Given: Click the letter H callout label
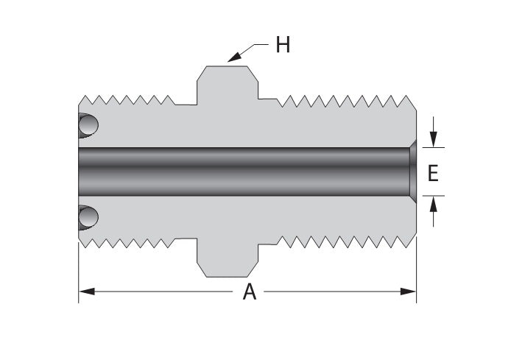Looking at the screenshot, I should tap(283, 46).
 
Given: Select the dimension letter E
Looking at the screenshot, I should tap(433, 173).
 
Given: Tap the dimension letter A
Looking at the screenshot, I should tap(250, 292).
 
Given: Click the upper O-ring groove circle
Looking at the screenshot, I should tap(88, 125).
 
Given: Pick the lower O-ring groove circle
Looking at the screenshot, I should tap(88, 217).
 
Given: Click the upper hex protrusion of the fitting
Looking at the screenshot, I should tap(227, 82).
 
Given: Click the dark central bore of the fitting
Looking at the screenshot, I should tap(243, 172).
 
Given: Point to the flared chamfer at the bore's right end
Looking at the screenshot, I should tap(412, 172).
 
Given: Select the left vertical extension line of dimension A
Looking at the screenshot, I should tap(79, 272).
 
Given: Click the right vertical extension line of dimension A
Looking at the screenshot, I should tap(417, 272).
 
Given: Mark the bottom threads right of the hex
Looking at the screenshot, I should tap(342, 241).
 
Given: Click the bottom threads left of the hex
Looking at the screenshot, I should tap(129, 241).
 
